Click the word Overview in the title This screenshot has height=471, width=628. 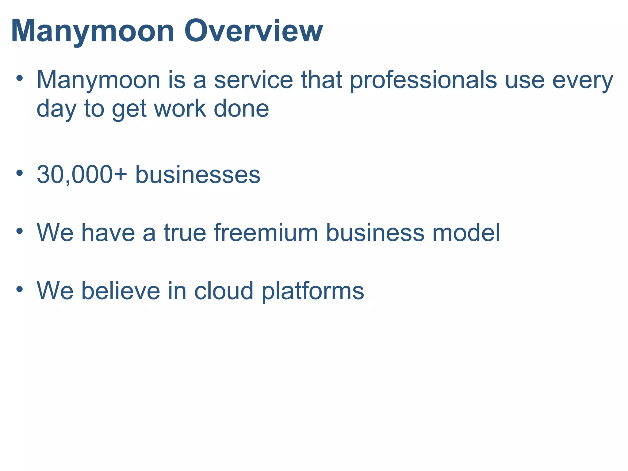[x=253, y=31]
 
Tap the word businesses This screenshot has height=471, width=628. [x=198, y=174]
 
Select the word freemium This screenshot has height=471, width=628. [x=266, y=232]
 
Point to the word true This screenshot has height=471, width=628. [x=185, y=232]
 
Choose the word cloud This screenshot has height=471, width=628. [x=224, y=290]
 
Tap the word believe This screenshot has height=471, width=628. [x=121, y=290]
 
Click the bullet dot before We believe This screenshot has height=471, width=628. [x=20, y=289]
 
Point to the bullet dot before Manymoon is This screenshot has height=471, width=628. [x=20, y=78]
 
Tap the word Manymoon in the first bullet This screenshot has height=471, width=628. [x=98, y=80]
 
